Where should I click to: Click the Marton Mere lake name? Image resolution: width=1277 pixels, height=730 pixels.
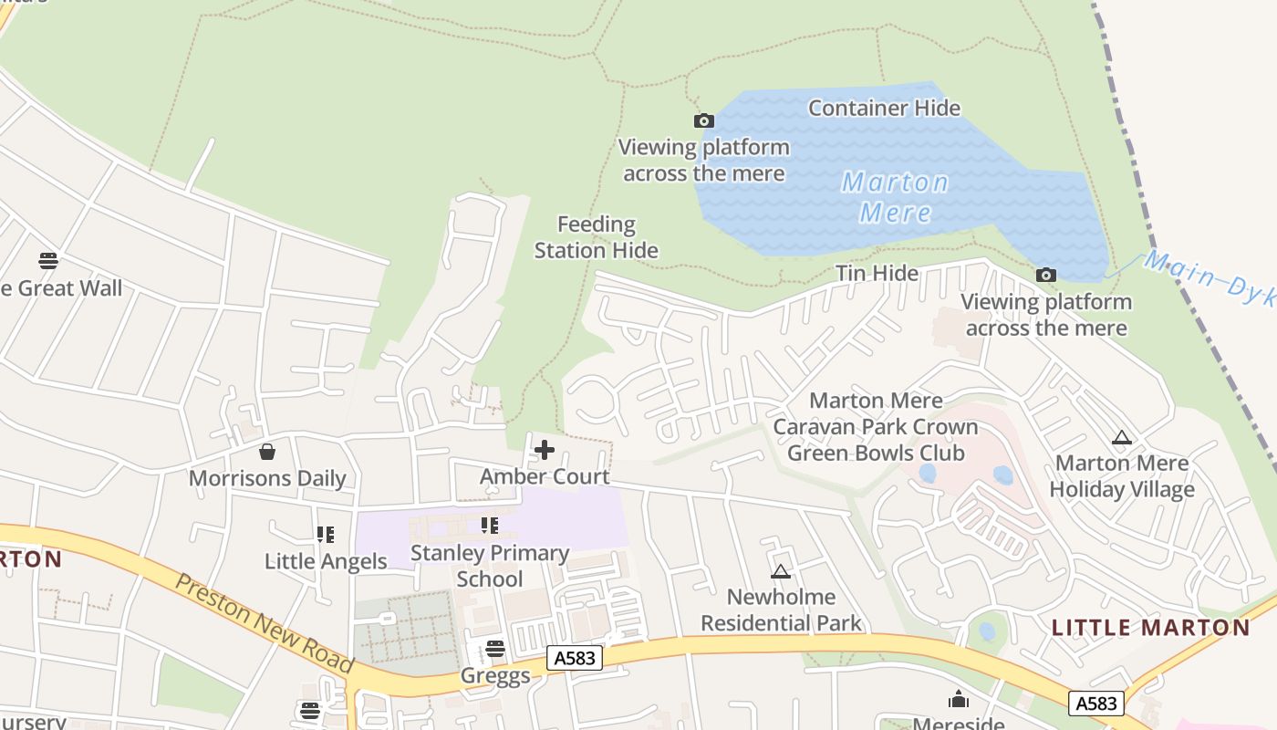coord(895,197)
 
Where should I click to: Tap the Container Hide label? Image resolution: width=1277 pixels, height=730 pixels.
coord(884,108)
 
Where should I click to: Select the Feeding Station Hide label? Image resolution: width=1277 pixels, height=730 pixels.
coord(596,237)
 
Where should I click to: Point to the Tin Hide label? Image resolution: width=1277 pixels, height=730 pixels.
coord(877,273)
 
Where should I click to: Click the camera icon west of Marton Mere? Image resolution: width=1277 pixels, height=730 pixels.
coord(703,120)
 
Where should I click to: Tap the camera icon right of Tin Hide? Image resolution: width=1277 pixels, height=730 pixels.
coord(1045,275)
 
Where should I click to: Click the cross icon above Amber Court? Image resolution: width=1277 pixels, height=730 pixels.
coord(545,450)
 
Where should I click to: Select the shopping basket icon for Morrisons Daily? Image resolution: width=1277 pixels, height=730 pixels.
coord(267,452)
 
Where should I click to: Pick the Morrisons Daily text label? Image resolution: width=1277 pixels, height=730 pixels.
coord(267,478)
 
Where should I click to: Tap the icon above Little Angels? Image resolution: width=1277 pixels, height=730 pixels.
coord(326,535)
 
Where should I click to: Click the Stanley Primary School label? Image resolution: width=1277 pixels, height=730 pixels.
coord(490,566)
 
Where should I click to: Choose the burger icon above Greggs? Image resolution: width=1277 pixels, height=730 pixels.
coord(495,649)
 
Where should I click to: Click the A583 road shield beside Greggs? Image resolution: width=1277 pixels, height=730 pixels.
coord(576,657)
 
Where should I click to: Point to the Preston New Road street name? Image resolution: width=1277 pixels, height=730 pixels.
coord(264,623)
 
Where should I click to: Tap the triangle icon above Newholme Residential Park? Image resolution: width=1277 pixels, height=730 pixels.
coord(780,572)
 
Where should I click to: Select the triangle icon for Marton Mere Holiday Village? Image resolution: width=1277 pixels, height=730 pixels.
coord(1121,438)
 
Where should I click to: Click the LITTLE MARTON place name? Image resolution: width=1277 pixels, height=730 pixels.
coord(1150,628)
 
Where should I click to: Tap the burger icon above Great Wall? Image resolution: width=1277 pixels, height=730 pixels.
coord(48,261)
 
